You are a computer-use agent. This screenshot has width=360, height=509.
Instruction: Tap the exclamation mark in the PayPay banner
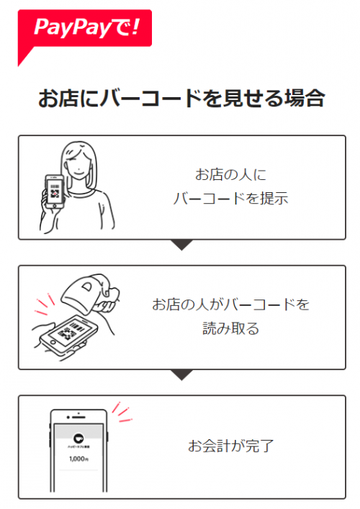137,27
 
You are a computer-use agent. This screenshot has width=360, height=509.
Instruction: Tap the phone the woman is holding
54,194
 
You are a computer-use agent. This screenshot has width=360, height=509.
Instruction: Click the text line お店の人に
231,175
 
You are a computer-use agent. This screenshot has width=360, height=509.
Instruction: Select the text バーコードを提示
231,199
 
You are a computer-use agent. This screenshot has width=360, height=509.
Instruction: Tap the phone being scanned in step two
68,333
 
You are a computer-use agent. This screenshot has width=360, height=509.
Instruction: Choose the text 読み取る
231,329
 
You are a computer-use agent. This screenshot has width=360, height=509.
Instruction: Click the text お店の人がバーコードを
231,305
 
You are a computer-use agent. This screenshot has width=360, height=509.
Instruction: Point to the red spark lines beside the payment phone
122,412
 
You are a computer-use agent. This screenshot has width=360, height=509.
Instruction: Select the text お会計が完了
231,446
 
